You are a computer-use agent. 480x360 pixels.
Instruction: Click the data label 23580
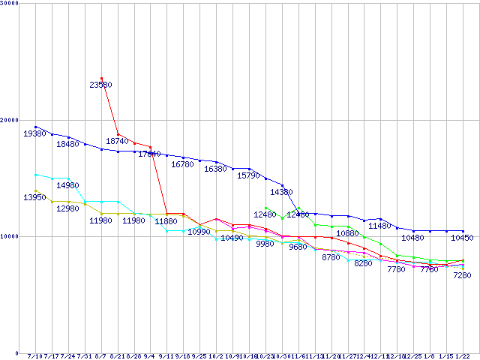[101, 85]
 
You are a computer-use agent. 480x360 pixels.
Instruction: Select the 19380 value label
[34, 133]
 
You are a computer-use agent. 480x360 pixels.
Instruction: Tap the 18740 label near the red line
[118, 141]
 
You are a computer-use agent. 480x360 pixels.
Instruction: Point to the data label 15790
[248, 175]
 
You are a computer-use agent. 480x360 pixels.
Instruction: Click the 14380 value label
[281, 193]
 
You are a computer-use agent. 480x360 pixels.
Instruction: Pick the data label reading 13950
[34, 197]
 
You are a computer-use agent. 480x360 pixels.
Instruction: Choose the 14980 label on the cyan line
[67, 185]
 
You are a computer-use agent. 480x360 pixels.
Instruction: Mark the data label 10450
[462, 238]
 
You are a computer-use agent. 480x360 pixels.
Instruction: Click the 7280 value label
[462, 276]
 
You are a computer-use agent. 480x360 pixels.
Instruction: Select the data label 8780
[331, 258]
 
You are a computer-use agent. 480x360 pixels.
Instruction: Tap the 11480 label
[380, 226]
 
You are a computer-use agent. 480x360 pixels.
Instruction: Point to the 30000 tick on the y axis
[10, 3]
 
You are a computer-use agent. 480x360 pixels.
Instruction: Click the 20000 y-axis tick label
[10, 120]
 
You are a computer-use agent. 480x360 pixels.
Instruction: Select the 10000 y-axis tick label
[10, 236]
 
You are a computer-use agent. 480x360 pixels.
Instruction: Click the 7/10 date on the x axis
[34, 356]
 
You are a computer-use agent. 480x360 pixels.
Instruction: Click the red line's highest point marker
[101, 78]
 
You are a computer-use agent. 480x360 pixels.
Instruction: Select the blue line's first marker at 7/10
[35, 127]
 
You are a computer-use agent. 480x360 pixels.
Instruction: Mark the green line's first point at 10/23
[266, 208]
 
